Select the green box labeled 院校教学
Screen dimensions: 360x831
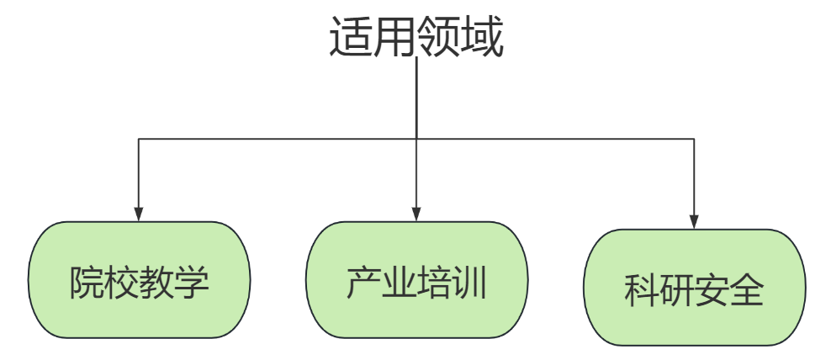coord(139,280)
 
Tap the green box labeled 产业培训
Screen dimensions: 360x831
coord(416,280)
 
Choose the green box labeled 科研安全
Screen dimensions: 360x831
coord(694,289)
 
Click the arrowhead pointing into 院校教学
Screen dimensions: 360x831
coord(139,214)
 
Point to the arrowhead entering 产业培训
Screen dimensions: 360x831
coord(416,214)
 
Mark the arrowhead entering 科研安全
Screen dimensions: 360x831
coord(694,222)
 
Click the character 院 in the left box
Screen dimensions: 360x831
coord(87,283)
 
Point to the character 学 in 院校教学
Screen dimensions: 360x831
coord(192,283)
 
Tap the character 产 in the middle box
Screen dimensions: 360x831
coord(363,283)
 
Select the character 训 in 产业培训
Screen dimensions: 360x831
coord(469,283)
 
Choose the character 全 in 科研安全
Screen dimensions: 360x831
coord(747,291)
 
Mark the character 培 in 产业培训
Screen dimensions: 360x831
coord(434,283)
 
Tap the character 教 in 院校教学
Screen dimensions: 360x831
coord(156,283)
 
